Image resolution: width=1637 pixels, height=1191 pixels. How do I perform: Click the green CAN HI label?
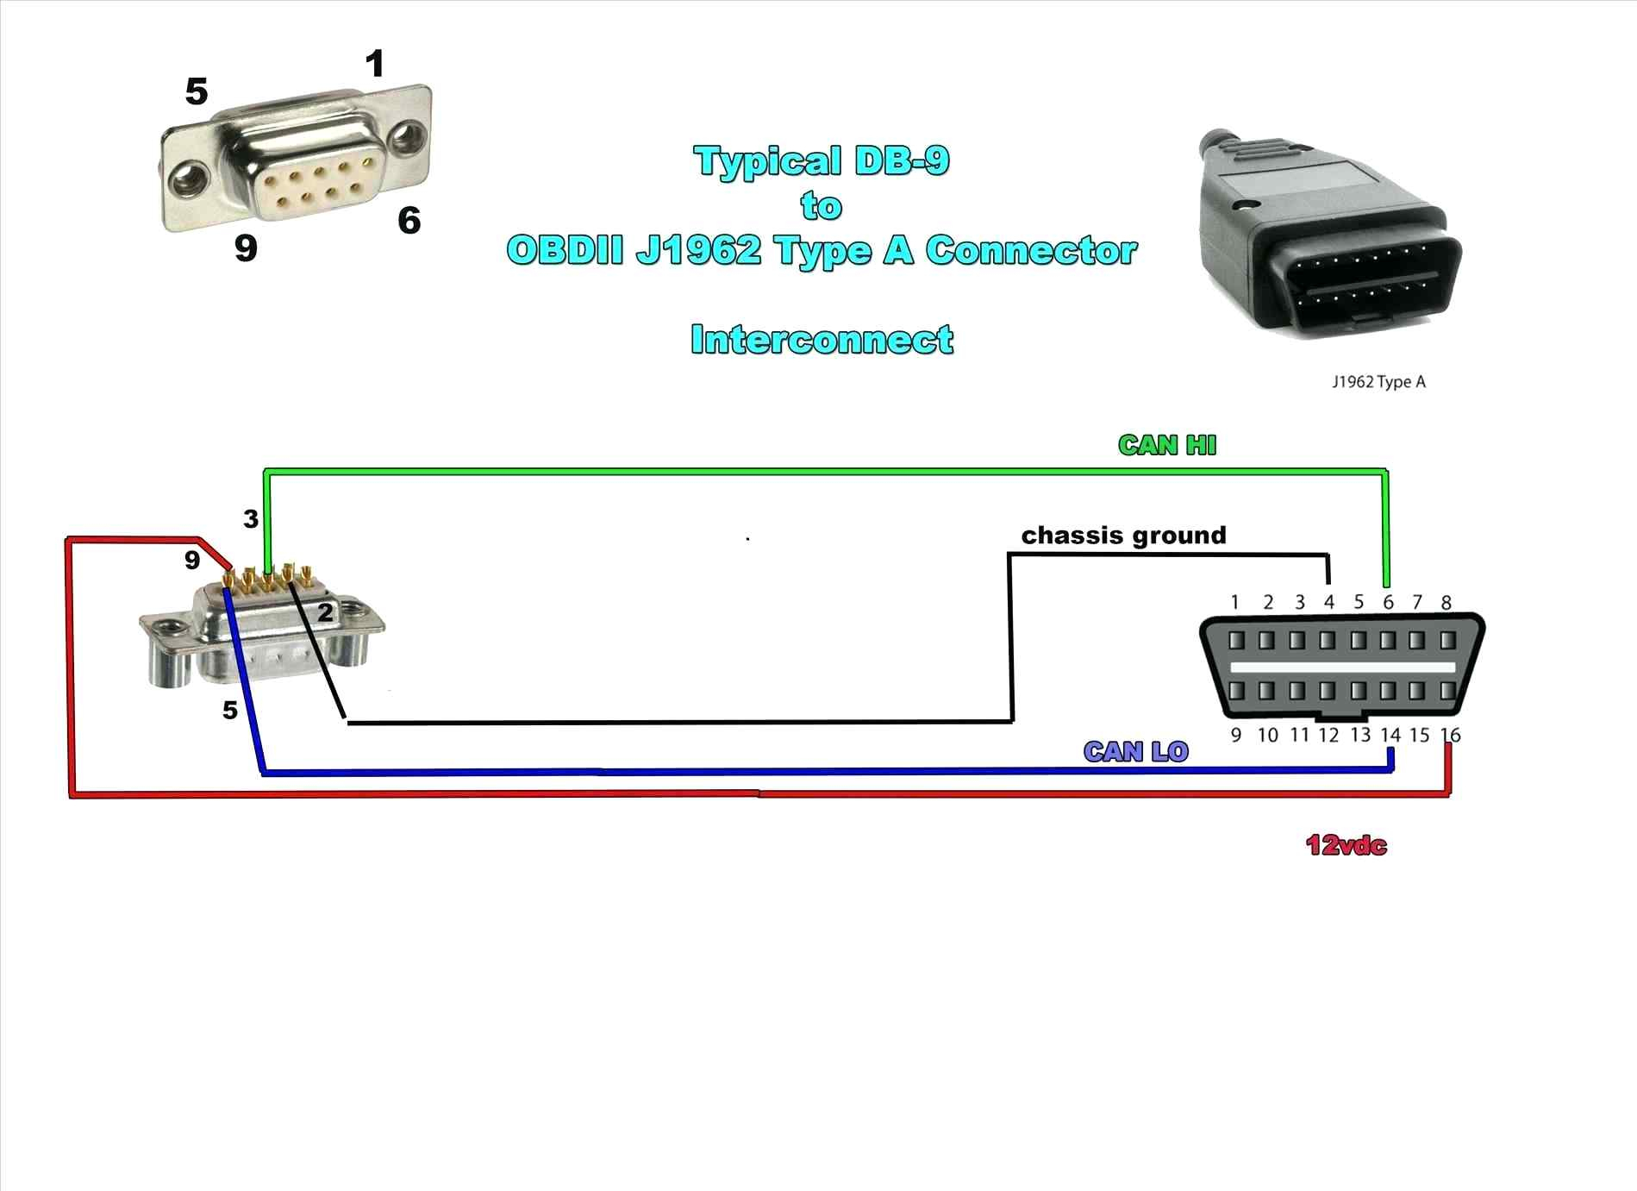[1166, 445]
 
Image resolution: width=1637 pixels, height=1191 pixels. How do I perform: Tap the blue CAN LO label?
[1135, 752]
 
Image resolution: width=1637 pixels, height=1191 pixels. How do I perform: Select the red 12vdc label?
[1346, 845]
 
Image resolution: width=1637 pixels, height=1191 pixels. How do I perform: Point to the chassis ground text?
[1123, 536]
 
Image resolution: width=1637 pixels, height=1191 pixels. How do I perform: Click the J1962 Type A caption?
[1378, 381]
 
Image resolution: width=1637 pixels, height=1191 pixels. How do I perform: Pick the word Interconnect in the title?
[822, 340]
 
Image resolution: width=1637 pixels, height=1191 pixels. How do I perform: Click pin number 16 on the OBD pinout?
[1451, 735]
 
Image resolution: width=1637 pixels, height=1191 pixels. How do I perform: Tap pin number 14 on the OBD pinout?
[1390, 735]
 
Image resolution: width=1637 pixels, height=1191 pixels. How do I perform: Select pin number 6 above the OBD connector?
[1388, 602]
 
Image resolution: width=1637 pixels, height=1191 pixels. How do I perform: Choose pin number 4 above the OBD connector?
[1328, 602]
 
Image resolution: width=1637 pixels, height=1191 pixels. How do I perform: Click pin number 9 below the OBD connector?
[1236, 735]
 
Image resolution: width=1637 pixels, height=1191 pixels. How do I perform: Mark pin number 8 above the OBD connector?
[1446, 602]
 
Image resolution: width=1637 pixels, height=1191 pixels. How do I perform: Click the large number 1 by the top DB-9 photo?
[374, 64]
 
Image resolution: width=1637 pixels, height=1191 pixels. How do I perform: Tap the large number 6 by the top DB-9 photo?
[409, 221]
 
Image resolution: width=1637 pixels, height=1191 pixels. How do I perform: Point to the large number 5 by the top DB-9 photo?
[197, 91]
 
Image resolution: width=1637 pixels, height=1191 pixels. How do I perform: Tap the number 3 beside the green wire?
[250, 519]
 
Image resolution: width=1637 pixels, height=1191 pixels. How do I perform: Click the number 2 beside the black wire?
[325, 613]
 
